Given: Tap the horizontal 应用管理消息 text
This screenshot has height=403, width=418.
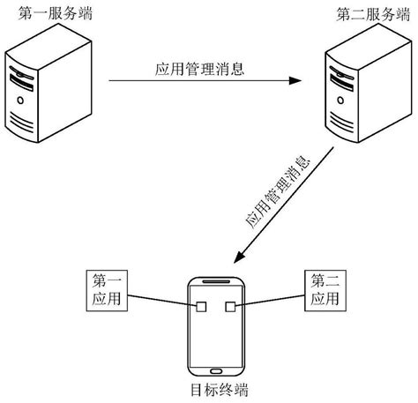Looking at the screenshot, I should [x=198, y=67].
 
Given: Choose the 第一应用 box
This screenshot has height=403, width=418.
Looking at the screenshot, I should [x=108, y=290].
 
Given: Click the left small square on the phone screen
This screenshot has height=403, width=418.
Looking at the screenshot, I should [x=201, y=308].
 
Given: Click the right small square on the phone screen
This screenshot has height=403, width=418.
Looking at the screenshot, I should [x=231, y=308].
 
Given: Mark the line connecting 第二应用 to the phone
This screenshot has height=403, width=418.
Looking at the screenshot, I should [x=269, y=302].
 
